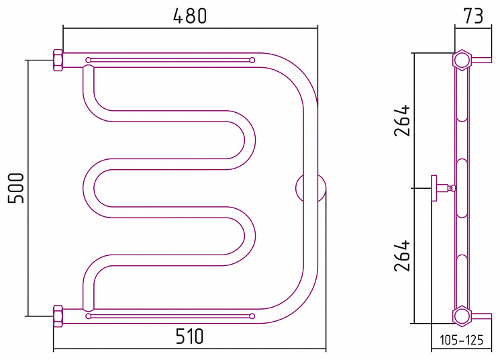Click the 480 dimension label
click(x=190, y=16)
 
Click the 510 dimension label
click(x=189, y=336)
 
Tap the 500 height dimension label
click(x=16, y=188)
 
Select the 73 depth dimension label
click(x=474, y=16)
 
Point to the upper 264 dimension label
click(x=402, y=120)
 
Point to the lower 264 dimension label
click(x=402, y=256)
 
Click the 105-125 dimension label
click(x=462, y=341)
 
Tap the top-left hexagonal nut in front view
click(x=58, y=60)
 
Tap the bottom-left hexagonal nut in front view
click(x=58, y=316)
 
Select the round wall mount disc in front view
click(x=311, y=188)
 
